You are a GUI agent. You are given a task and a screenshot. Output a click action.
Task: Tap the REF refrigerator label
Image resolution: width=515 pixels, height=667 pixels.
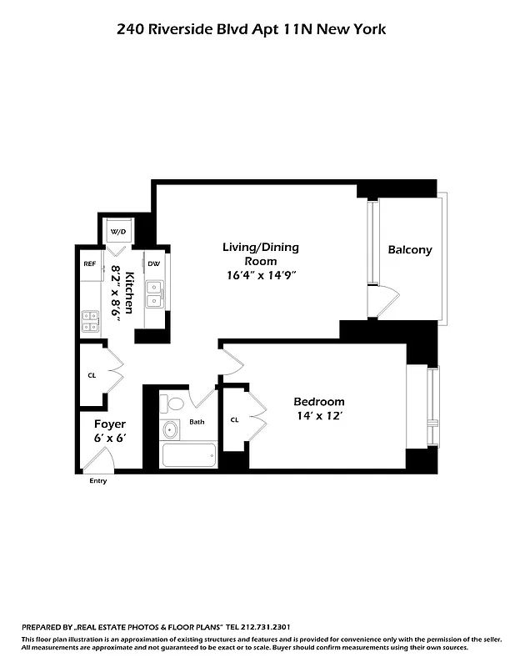coord(89,263)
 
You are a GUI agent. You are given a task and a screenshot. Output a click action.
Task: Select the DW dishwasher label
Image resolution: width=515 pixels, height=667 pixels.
coord(153,263)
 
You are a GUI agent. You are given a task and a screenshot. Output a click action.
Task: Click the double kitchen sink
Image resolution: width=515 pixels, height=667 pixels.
coord(154,294)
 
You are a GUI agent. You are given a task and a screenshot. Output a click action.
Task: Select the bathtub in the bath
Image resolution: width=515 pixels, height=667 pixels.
coord(188,455)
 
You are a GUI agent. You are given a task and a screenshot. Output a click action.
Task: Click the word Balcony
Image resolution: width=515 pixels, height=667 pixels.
coord(410,249)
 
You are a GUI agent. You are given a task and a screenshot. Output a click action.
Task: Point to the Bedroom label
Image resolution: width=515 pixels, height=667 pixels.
coord(319,401)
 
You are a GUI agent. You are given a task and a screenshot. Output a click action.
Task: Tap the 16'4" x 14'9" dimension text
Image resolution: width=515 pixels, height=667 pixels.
coord(260,274)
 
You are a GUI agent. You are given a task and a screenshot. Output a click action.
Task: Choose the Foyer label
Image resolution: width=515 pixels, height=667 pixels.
coord(109,424)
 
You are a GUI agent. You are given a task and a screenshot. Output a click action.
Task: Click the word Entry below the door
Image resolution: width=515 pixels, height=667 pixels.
coord(97,481)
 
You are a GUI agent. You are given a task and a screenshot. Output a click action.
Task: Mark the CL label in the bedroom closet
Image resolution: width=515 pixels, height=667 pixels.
coord(235,419)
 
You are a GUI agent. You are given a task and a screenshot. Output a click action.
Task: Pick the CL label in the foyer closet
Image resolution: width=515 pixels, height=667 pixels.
coord(92,375)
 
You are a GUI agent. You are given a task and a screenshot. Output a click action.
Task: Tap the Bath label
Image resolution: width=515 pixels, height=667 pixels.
coord(197,422)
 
